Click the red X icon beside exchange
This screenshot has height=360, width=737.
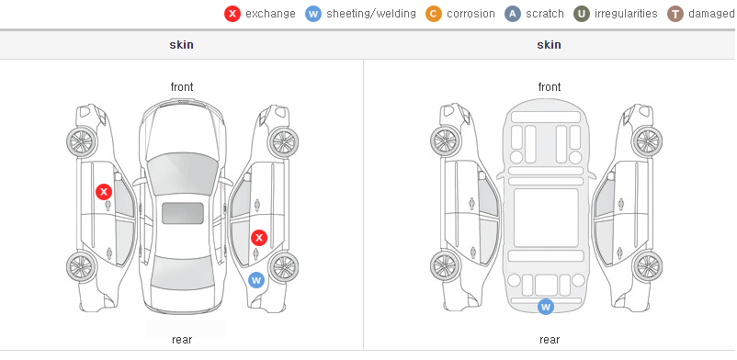click(x=232, y=14)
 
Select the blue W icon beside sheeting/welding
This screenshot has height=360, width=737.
click(x=313, y=14)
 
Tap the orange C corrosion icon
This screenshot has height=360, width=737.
click(x=434, y=14)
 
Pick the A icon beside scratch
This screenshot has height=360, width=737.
click(x=513, y=14)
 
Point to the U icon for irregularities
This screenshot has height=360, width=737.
click(x=582, y=14)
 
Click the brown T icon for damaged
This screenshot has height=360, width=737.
click(x=675, y=14)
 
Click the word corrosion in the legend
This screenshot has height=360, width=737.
click(x=471, y=14)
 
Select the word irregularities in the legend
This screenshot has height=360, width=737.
click(x=626, y=14)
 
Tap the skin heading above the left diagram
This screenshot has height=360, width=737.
click(x=181, y=45)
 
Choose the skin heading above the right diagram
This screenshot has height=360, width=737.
click(x=549, y=45)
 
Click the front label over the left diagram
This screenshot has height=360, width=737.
click(x=181, y=87)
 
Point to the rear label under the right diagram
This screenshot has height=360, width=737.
click(x=549, y=340)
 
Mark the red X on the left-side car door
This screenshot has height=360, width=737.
click(x=104, y=192)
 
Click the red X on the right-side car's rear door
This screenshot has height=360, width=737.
click(x=258, y=238)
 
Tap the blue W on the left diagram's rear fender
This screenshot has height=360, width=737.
click(x=256, y=281)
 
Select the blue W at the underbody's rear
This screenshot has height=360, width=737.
click(x=546, y=307)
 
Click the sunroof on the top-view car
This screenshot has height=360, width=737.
click(x=183, y=213)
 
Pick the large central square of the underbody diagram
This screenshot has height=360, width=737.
click(x=546, y=218)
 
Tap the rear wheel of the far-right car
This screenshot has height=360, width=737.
click(x=647, y=267)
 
